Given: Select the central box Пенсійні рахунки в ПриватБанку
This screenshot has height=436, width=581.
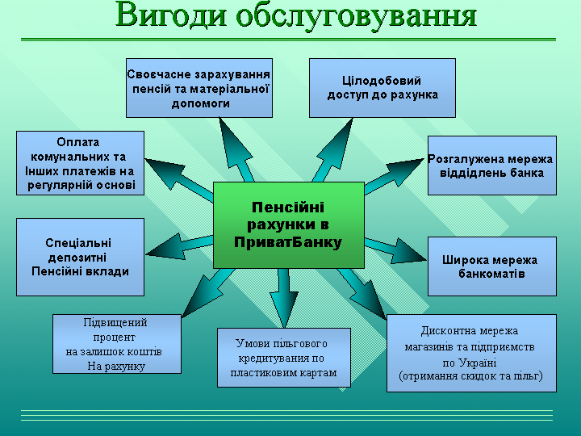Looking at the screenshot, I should click(x=288, y=224).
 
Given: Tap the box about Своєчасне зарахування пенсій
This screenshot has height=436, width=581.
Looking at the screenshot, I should click(x=199, y=88).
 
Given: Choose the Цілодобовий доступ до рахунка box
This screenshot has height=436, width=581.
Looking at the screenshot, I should click(x=382, y=88).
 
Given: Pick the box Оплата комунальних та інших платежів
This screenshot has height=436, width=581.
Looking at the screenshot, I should click(x=80, y=163).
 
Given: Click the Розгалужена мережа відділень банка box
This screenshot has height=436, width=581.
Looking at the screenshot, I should click(x=491, y=166).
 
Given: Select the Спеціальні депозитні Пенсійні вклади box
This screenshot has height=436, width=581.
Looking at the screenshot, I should click(x=80, y=257).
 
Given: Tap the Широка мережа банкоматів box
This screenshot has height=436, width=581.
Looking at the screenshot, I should click(x=491, y=266).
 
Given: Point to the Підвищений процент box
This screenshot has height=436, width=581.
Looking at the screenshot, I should click(x=115, y=344).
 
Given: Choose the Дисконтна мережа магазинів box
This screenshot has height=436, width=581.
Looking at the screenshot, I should click(x=470, y=353).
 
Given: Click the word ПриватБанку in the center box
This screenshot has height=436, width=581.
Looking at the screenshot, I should click(x=288, y=242).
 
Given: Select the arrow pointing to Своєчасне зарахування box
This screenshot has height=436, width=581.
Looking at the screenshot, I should click(x=239, y=146).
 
